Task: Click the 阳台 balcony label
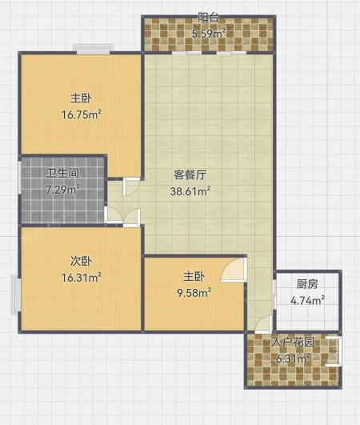pyautogui.click(x=208, y=18)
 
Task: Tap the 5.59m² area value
pyautogui.click(x=209, y=34)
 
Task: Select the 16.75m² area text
pyautogui.click(x=82, y=114)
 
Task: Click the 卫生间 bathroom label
pyautogui.click(x=62, y=173)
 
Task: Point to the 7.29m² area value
pyautogui.click(x=63, y=189)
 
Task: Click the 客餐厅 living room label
pyautogui.click(x=190, y=174)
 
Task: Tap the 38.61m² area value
pyautogui.click(x=190, y=191)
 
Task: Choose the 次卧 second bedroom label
pyautogui.click(x=81, y=261)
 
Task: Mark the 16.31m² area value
pyautogui.click(x=82, y=278)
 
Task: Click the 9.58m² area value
pyautogui.click(x=194, y=293)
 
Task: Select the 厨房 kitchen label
pyautogui.click(x=307, y=284)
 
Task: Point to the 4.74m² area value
pyautogui.click(x=307, y=301)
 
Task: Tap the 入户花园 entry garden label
pyautogui.click(x=293, y=343)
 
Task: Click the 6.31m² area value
pyautogui.click(x=293, y=359)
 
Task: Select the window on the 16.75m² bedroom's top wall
pyautogui.click(x=93, y=49)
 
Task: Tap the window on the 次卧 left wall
pyautogui.click(x=16, y=295)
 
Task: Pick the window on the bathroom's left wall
pyautogui.click(x=19, y=178)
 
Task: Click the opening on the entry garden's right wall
pyautogui.click(x=335, y=351)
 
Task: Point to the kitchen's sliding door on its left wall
pyautogui.click(x=274, y=295)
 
